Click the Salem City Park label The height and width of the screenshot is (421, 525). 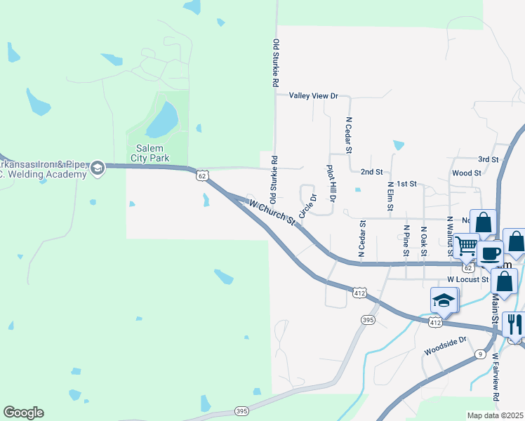pyautogui.click(x=157, y=152)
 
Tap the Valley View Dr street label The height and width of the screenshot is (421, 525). pyautogui.click(x=314, y=95)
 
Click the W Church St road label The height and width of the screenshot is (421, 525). pyautogui.click(x=272, y=211)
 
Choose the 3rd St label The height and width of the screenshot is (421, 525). pyautogui.click(x=488, y=159)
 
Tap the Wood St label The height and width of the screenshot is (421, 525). pyautogui.click(x=467, y=173)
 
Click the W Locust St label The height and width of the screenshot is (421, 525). pyautogui.click(x=467, y=279)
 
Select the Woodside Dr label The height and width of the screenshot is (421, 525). pyautogui.click(x=445, y=345)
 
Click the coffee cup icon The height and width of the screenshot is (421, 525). pyautogui.click(x=491, y=253)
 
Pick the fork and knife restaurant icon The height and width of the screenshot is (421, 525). pyautogui.click(x=514, y=324)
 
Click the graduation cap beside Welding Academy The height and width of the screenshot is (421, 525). pyautogui.click(x=97, y=167)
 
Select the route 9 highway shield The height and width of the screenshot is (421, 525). pyautogui.click(x=479, y=354)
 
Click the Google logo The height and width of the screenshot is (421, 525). pyautogui.click(x=23, y=413)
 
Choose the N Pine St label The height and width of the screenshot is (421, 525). pyautogui.click(x=406, y=241)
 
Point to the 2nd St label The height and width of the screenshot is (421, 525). pyautogui.click(x=371, y=171)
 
